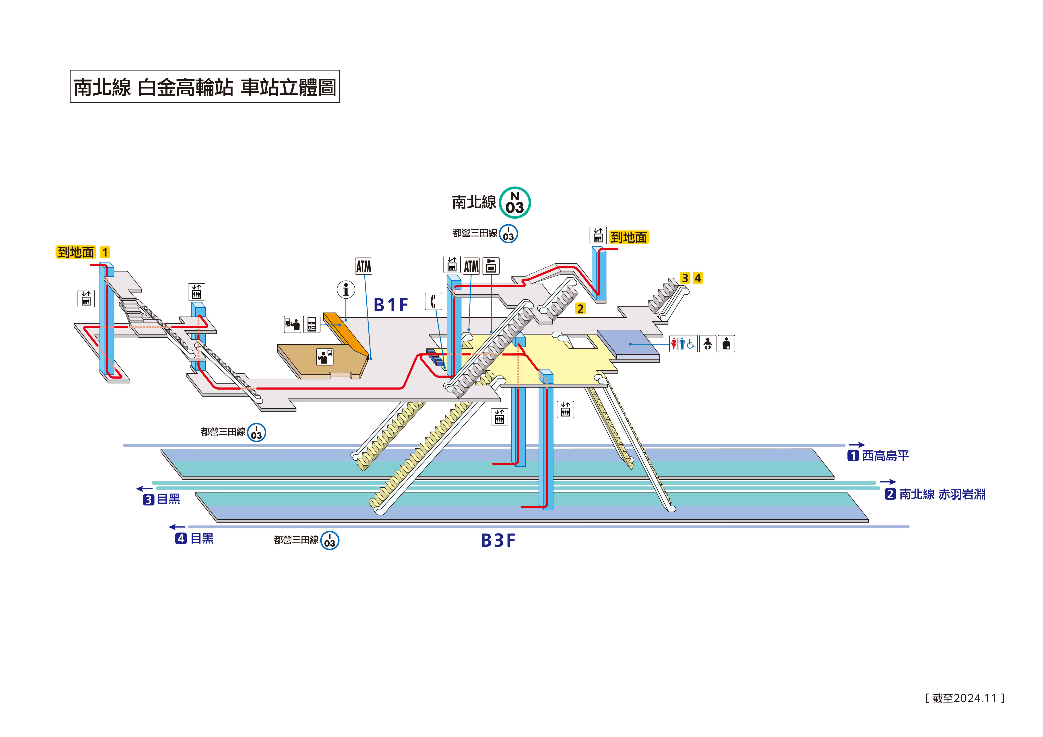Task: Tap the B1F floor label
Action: [391, 305]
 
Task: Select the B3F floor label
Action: [498, 540]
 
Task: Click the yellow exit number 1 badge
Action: [105, 253]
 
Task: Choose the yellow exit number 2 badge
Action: [580, 309]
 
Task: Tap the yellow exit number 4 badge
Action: [698, 278]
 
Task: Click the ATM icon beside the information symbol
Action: [364, 267]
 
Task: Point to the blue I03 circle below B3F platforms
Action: [330, 540]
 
